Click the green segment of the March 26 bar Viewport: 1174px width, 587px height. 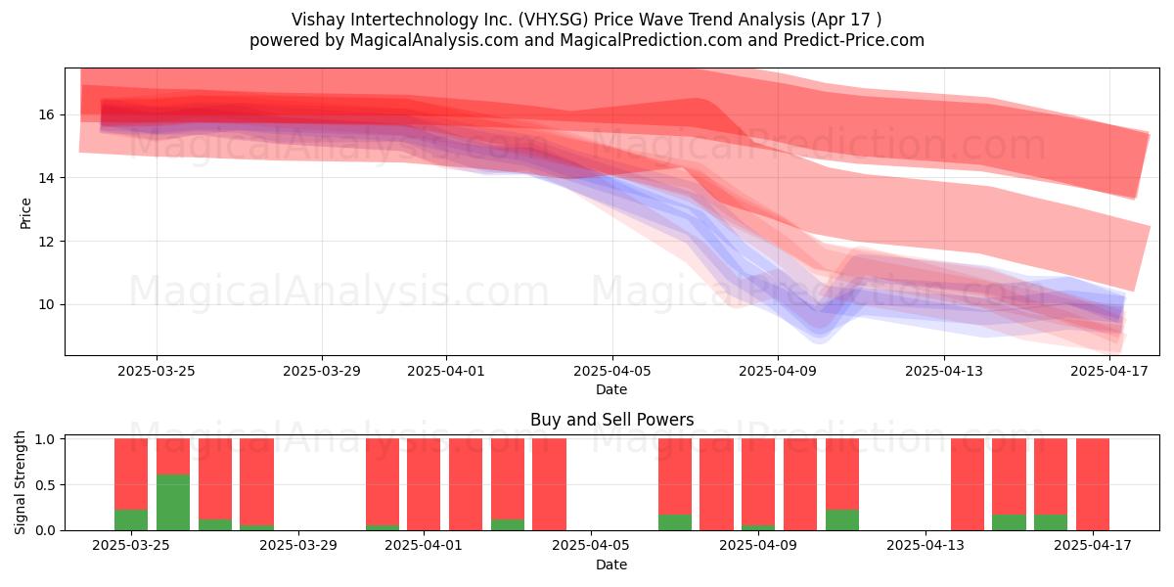(x=173, y=502)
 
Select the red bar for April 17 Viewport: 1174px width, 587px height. (x=1093, y=484)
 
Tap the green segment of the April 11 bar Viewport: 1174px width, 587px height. (x=842, y=519)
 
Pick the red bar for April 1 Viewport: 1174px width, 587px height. (x=424, y=484)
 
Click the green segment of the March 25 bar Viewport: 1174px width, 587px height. (x=131, y=519)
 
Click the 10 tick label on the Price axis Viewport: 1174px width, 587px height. (x=46, y=304)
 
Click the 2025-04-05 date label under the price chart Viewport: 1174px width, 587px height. (x=611, y=371)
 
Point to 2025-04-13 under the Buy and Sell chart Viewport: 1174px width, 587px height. (x=926, y=546)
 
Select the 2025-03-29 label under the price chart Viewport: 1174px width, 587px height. (x=322, y=371)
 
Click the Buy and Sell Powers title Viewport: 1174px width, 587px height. (x=611, y=420)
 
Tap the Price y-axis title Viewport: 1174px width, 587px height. (x=25, y=213)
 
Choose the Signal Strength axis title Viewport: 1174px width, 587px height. (x=20, y=482)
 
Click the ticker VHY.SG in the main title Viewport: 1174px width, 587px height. (x=553, y=20)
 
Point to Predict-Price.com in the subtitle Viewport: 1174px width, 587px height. (x=854, y=40)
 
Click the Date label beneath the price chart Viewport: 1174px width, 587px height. (x=611, y=389)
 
